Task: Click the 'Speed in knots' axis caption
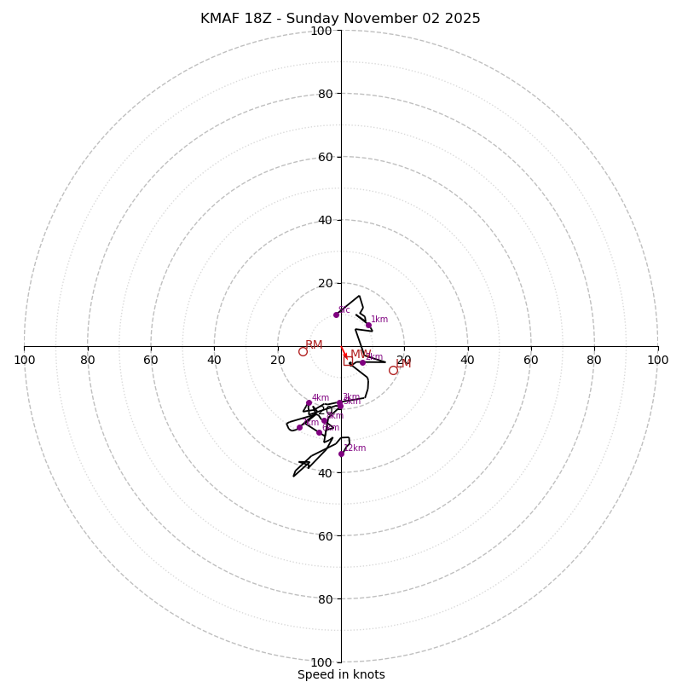coord(341,674)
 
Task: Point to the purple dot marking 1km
coord(368,325)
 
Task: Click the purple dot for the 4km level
coord(309,402)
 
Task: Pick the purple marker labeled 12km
coord(341,454)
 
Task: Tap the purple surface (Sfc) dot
coord(336,315)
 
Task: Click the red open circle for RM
coord(303,351)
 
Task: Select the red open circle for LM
coord(393,370)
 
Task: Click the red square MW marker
coord(347,361)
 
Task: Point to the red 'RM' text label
coord(314,345)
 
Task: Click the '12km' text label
coord(355,448)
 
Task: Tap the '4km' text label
coord(321,397)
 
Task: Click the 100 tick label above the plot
coord(321,31)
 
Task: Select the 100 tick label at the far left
coord(24,360)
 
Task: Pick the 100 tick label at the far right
coord(657,360)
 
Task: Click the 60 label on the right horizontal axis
coord(530,360)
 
